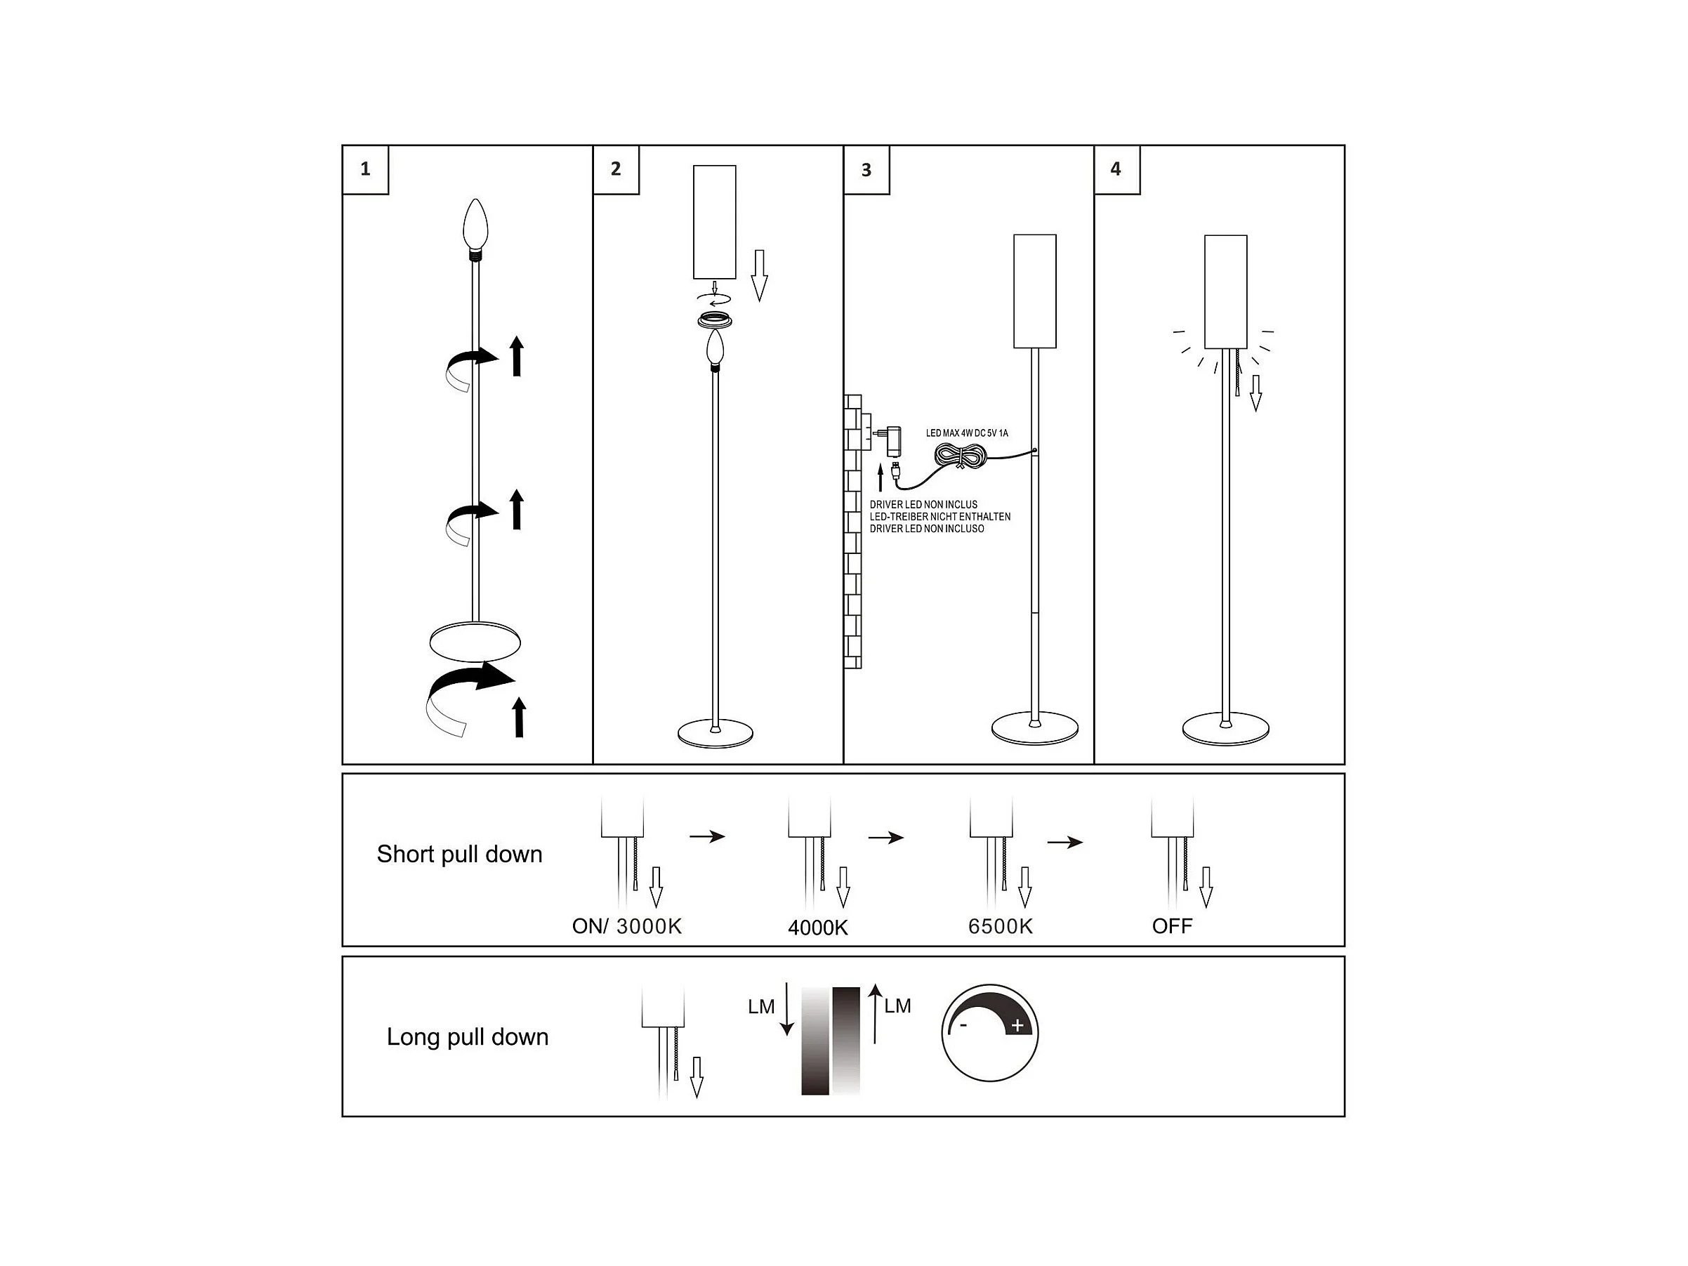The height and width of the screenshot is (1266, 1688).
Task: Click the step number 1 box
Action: (x=366, y=169)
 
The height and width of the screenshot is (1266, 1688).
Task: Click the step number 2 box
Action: (x=616, y=169)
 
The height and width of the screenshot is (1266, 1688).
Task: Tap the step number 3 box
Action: (x=866, y=170)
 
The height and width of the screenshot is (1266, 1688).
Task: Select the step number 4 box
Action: (x=1116, y=169)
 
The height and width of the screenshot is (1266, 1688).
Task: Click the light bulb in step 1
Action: (x=475, y=223)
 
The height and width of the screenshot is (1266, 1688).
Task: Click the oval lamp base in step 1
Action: (x=475, y=642)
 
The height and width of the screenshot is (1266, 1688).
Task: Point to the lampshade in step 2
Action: (x=714, y=221)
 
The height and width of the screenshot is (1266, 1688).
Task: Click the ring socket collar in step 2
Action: (x=715, y=319)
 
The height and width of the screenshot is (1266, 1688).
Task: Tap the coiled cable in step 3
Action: (x=961, y=456)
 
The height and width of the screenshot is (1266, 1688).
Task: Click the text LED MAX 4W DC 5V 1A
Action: (x=967, y=433)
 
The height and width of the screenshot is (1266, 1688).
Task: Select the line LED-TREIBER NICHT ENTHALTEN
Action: (x=939, y=517)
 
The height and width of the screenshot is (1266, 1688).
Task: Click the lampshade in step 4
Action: (x=1225, y=291)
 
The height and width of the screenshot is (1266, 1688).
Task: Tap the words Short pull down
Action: (x=459, y=854)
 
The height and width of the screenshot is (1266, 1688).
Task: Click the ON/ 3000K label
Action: (x=626, y=926)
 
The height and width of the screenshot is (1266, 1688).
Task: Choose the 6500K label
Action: (x=1000, y=926)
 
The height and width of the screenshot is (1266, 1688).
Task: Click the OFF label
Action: (x=1172, y=926)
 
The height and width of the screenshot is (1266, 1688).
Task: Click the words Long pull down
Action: (x=467, y=1037)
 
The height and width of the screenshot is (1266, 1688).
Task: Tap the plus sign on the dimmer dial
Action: (x=1017, y=1027)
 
